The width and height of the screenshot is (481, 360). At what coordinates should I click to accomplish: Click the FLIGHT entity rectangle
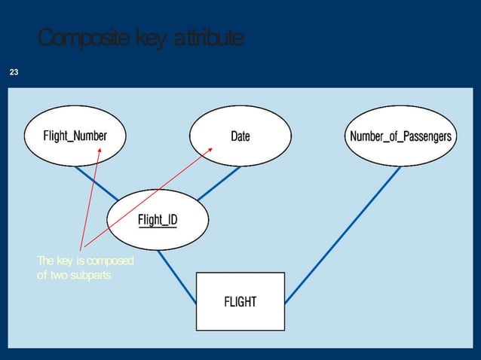[240, 301]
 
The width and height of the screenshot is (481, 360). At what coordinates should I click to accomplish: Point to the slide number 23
[13, 72]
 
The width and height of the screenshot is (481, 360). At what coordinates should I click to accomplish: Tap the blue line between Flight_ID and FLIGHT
[178, 279]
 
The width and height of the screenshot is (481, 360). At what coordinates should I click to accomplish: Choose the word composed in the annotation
[110, 261]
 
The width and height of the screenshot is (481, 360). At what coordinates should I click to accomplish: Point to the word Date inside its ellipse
[240, 136]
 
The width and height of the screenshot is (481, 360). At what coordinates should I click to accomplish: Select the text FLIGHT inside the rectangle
[240, 302]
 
